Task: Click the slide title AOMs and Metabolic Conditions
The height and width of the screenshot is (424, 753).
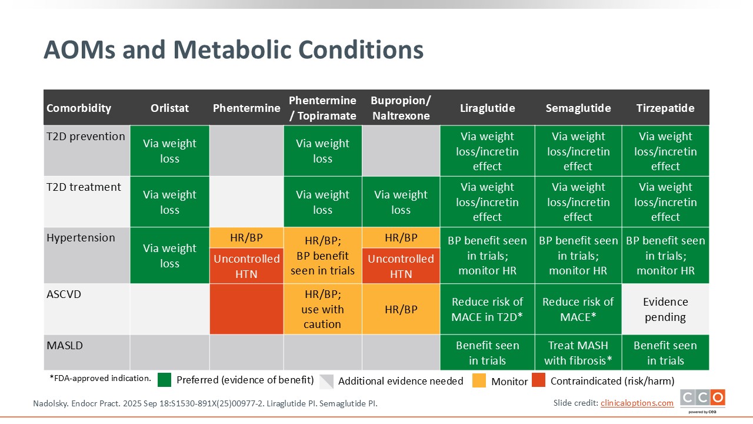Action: pos(234,50)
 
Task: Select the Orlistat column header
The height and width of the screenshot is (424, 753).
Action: pos(169,108)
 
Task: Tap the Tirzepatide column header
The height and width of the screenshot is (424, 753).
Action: pos(665,108)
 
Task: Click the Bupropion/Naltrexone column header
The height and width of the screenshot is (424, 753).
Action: pos(401,108)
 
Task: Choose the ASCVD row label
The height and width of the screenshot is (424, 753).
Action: pos(64,294)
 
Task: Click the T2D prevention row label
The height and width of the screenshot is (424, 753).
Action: pos(86,137)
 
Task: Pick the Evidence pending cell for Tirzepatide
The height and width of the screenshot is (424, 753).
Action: pos(665,309)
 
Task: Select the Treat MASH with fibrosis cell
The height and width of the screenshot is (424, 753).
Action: pos(578,353)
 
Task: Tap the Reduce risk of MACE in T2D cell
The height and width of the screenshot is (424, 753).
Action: pos(487,309)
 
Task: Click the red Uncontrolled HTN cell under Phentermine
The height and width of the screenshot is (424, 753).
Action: pos(246,266)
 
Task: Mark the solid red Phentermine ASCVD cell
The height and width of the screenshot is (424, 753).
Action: pos(246,309)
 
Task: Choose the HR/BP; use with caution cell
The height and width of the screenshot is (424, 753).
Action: pos(322,309)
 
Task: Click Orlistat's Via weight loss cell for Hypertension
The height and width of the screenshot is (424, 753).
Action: pos(169,256)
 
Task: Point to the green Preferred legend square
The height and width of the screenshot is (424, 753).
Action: pos(164,380)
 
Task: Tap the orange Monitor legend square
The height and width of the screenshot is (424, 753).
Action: pos(479,380)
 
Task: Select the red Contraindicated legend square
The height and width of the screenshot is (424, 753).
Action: pos(538,380)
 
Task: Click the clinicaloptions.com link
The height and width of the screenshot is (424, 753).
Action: pos(637,403)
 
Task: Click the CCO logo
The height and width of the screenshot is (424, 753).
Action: pos(702,399)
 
